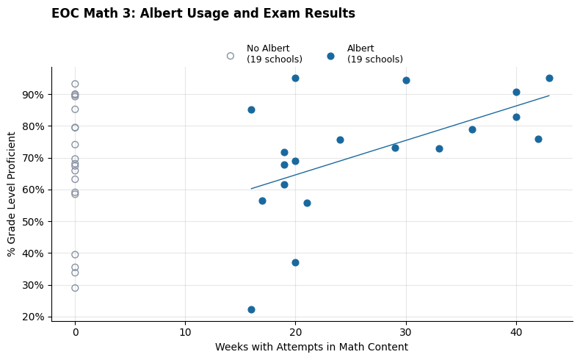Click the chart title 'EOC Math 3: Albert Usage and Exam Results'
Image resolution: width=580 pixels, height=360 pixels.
[x=203, y=14]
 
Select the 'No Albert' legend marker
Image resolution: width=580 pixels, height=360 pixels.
[x=231, y=56]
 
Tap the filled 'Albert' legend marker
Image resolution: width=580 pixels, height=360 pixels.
[x=330, y=56]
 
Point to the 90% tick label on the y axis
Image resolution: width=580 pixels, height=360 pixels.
[x=32, y=95]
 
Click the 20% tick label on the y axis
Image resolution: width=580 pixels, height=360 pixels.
[x=32, y=317]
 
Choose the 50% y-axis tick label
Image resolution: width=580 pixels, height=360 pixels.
[x=32, y=222]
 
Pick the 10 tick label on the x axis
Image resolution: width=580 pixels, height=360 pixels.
[x=185, y=332]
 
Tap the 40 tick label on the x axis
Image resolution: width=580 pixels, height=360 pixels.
[x=516, y=332]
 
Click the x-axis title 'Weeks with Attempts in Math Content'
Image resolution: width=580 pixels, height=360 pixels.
[x=311, y=348]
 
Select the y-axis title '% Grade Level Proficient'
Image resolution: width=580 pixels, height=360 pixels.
[x=12, y=194]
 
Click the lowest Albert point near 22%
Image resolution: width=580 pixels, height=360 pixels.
[x=251, y=309]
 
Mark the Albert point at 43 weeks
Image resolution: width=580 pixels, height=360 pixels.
[x=549, y=78]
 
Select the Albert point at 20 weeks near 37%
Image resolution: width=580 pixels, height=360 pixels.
[x=295, y=262]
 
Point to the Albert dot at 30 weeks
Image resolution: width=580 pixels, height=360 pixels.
[x=406, y=80]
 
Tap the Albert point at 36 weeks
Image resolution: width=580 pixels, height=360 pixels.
[x=472, y=129]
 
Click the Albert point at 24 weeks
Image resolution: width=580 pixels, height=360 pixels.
[x=340, y=140]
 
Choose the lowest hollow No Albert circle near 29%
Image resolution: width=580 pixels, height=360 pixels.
[x=75, y=288]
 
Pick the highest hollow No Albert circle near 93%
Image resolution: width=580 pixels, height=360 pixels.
[x=75, y=84]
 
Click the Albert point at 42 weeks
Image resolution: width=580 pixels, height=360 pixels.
[x=538, y=139]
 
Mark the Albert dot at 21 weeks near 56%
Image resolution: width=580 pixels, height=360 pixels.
[x=307, y=203]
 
